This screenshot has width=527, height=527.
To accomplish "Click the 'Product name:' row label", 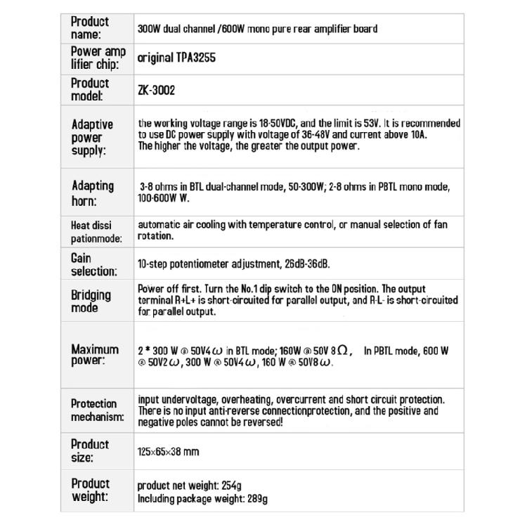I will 90,28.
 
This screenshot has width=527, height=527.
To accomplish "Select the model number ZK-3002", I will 156,90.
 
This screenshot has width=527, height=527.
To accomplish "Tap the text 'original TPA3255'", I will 176,58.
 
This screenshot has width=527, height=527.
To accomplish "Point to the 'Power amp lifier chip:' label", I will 98,58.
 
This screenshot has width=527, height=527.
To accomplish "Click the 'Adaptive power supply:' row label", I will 92,137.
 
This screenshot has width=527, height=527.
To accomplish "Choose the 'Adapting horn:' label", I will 92,193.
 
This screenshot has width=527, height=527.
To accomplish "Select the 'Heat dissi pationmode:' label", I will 96,232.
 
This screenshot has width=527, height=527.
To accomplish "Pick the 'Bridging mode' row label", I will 91,301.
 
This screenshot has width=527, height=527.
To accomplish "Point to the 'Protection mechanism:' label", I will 97,410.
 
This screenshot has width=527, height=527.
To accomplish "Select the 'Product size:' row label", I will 90,451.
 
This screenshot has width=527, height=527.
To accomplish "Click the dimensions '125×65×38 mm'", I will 168,452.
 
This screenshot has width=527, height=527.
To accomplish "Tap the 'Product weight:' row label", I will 90,490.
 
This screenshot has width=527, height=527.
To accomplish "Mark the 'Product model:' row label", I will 90,89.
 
